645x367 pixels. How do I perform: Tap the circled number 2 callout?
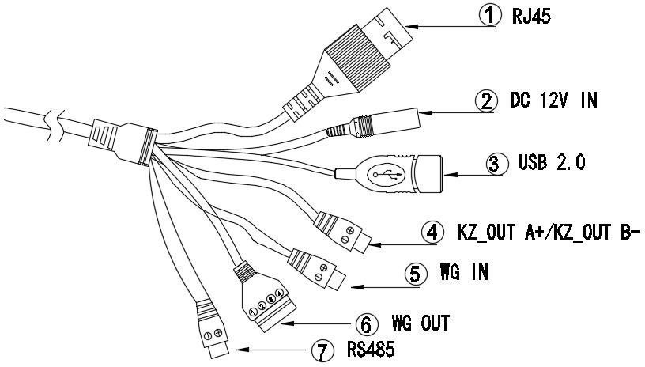(x=485, y=100)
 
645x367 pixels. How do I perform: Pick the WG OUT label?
(x=420, y=324)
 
